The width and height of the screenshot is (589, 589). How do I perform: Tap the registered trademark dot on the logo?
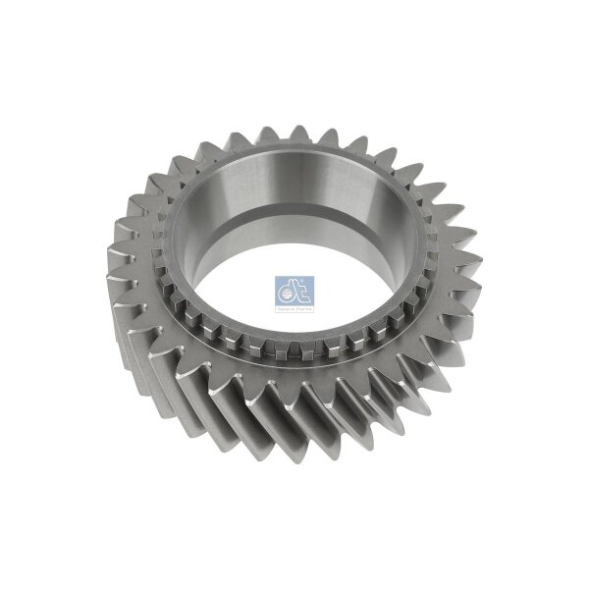[x=310, y=254]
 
